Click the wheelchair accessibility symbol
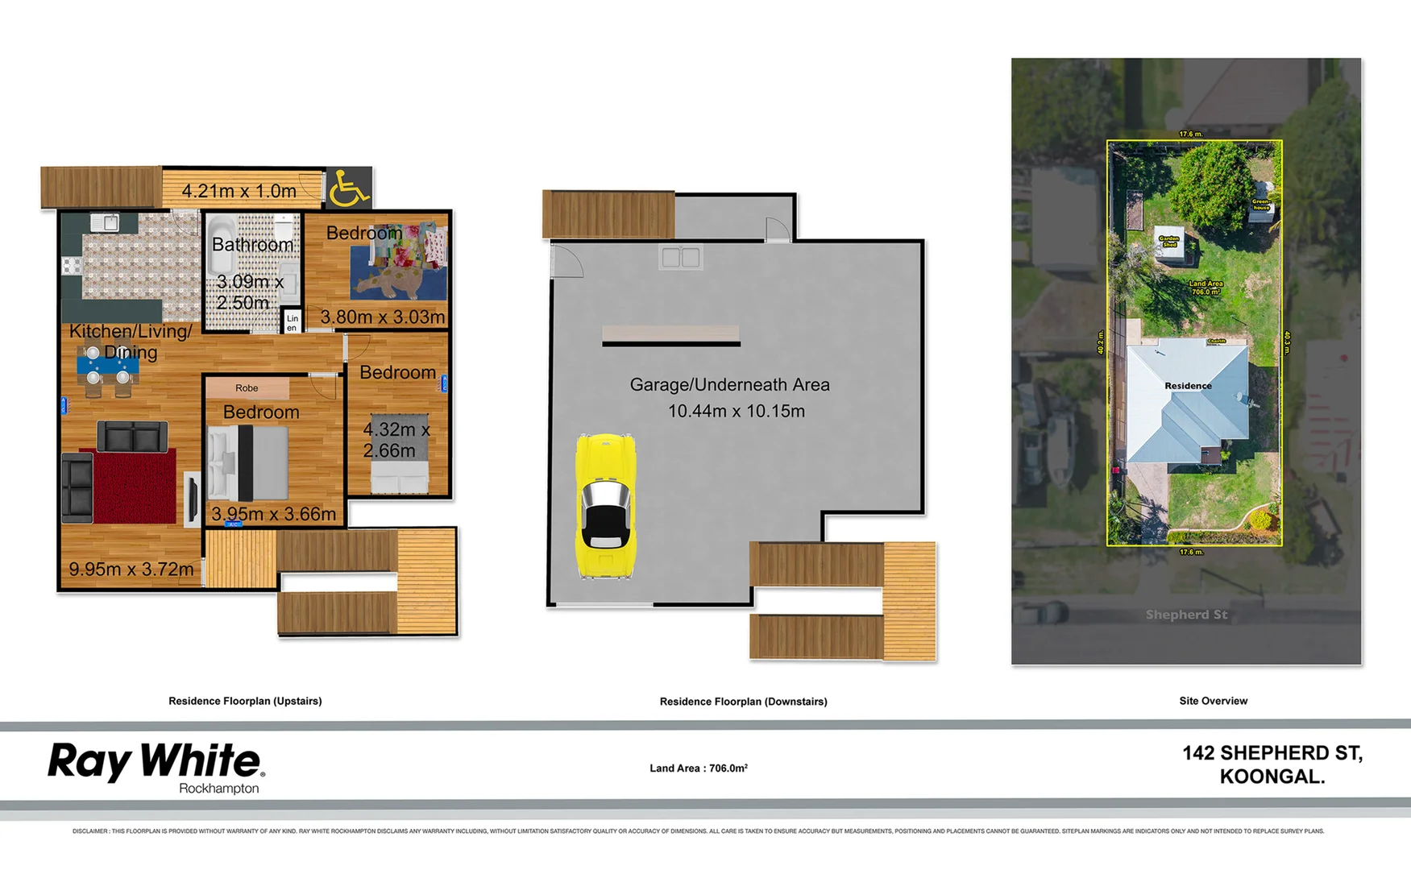(349, 188)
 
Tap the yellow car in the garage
(605, 506)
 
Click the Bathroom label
(252, 245)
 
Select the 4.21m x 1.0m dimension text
(239, 192)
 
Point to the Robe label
(247, 388)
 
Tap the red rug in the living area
(134, 487)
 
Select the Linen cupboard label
(292, 323)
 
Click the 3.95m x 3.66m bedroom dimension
(273, 514)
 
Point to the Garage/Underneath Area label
(729, 385)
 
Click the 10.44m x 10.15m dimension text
(736, 411)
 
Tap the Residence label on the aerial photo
(1188, 386)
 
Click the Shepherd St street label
(1186, 615)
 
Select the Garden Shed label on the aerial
(1168, 240)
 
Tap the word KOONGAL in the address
(1272, 777)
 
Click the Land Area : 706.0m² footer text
(699, 768)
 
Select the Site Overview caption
(1213, 701)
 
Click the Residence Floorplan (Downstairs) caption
(743, 702)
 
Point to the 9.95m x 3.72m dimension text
(131, 570)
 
